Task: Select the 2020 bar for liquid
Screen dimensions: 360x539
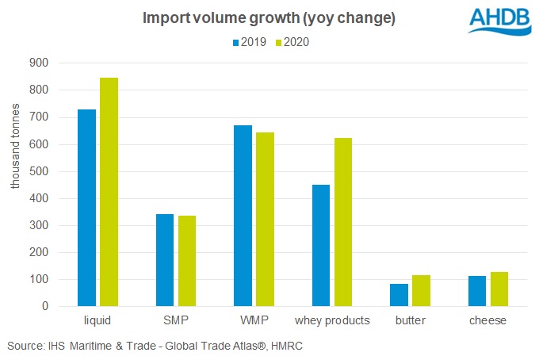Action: (x=109, y=192)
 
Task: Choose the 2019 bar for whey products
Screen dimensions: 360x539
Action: (x=321, y=245)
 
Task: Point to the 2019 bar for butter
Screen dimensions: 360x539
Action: (x=399, y=295)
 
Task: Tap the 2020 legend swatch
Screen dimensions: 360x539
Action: (x=278, y=42)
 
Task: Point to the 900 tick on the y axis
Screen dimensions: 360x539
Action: (x=39, y=63)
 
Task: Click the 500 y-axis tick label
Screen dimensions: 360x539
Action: (x=39, y=171)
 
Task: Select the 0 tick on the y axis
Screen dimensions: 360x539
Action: (x=45, y=307)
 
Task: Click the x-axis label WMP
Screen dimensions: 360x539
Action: (x=254, y=321)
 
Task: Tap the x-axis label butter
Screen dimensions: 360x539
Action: (x=410, y=321)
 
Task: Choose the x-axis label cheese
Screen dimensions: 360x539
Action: (x=488, y=321)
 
